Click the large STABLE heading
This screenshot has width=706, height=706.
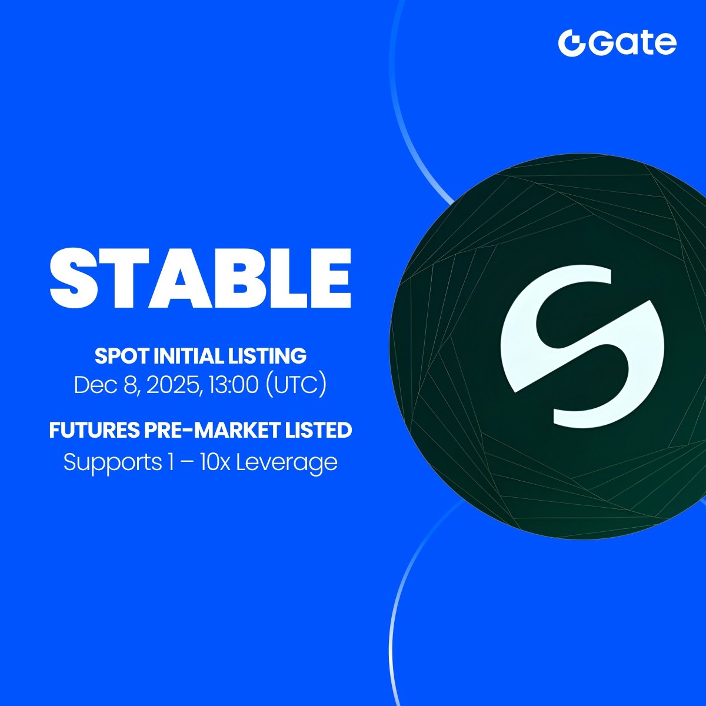(201, 278)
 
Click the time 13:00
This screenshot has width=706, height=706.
(232, 385)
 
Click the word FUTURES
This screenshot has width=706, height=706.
(95, 429)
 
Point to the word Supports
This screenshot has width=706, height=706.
(112, 462)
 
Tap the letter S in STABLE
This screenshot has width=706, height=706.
(72, 278)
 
